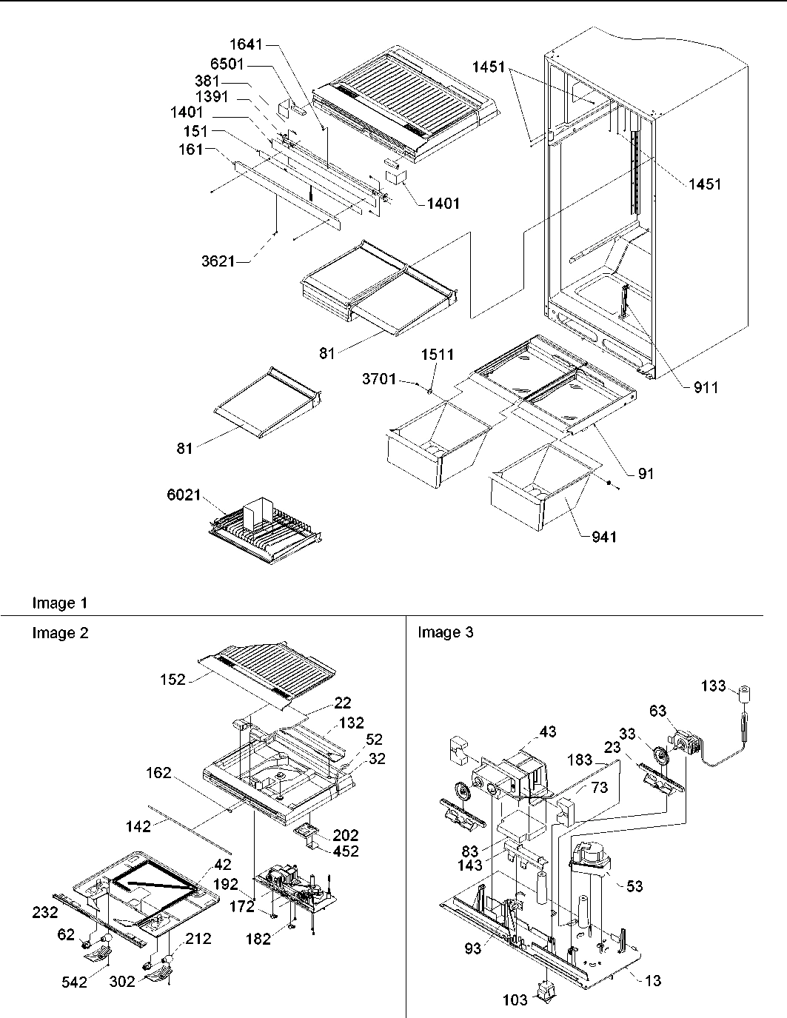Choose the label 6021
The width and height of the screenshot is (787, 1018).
tap(183, 495)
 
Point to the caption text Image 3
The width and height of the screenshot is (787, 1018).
tap(446, 632)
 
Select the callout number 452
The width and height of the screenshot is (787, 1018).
tap(346, 851)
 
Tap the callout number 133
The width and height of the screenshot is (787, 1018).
tap(714, 686)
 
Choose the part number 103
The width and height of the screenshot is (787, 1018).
tap(515, 1000)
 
